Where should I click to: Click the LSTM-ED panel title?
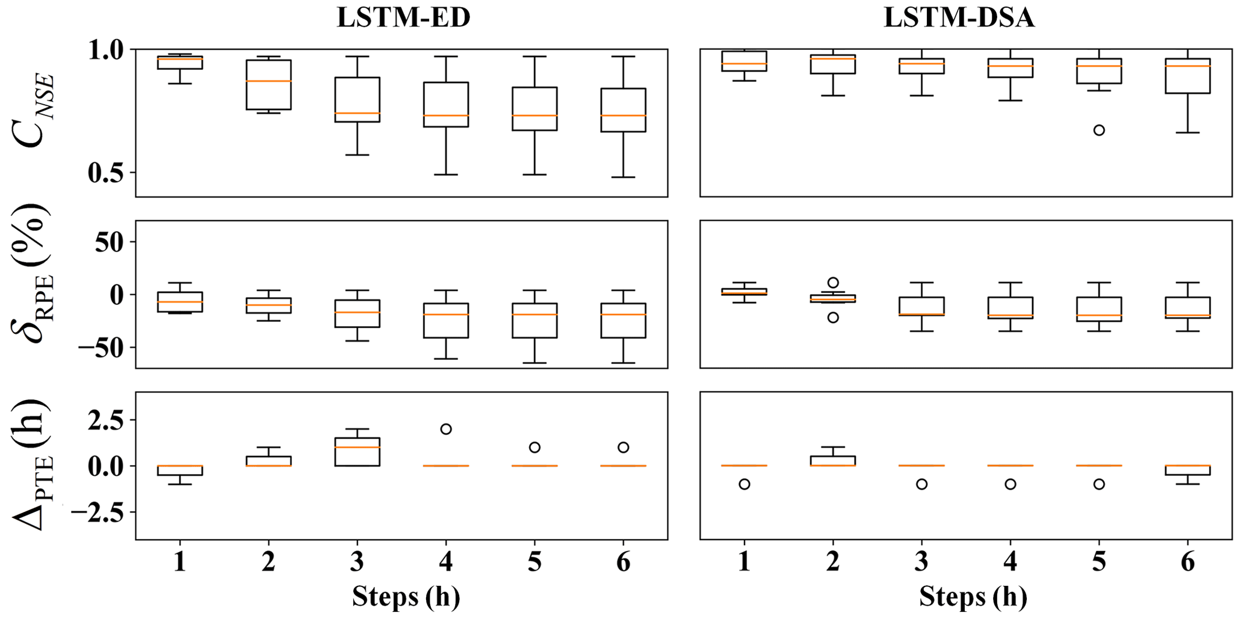pos(403,18)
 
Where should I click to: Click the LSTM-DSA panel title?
pos(959,18)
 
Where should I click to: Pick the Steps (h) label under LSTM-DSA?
pos(973,597)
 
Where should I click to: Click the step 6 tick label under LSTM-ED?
pos(624,562)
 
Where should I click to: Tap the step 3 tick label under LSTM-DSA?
pos(921,562)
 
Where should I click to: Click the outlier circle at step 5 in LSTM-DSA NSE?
pos(1099,130)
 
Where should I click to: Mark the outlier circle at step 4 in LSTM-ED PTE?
pos(446,429)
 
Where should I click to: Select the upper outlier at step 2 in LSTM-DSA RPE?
pos(833,283)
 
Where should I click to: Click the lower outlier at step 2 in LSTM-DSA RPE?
pos(833,318)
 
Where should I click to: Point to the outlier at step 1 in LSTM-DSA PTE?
pos(744,484)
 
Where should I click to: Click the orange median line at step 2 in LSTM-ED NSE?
pos(268,81)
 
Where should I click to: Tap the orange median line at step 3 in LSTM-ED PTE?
pos(357,447)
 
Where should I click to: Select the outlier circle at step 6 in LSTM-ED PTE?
pos(624,448)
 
